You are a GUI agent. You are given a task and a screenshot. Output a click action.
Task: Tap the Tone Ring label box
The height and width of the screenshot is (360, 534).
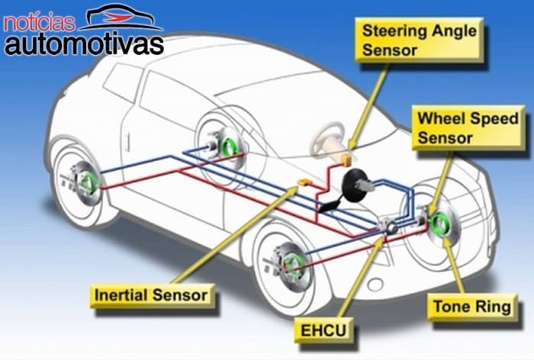click(471, 307)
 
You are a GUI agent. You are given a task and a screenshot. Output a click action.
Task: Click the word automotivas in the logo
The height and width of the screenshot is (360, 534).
click(84, 43)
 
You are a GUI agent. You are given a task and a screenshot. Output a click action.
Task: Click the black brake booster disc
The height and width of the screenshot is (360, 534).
click(355, 185)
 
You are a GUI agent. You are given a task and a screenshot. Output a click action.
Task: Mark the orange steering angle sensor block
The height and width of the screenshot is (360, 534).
click(346, 158)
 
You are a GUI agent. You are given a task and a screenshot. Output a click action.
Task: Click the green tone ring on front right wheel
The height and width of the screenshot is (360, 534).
click(441, 226)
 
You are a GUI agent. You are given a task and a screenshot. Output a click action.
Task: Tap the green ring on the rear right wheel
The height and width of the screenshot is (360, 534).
click(227, 142)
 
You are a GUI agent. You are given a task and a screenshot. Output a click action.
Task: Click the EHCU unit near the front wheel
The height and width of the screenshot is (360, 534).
click(389, 227)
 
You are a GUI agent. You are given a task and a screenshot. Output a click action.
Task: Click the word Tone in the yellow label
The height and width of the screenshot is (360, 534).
click(454, 307)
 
